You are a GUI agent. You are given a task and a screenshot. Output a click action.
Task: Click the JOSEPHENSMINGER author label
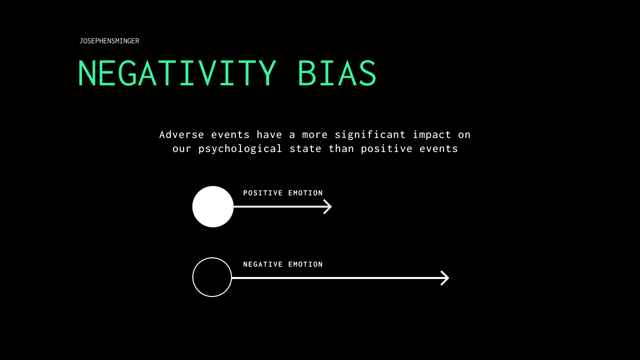[x=109, y=41]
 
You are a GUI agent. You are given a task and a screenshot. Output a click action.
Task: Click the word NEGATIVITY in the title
[x=177, y=73]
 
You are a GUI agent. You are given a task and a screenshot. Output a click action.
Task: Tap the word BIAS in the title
[x=337, y=73]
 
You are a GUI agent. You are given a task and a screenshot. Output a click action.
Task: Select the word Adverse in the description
[x=182, y=135]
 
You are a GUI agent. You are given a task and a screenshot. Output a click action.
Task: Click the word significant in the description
[x=370, y=135]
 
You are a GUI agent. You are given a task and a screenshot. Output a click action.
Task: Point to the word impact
[x=432, y=135]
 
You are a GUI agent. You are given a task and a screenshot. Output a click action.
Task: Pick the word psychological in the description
[x=240, y=149]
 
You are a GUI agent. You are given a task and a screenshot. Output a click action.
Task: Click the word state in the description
[x=305, y=149]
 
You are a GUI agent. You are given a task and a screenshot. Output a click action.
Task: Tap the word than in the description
[x=341, y=149]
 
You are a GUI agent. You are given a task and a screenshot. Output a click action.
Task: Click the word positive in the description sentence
[x=387, y=149]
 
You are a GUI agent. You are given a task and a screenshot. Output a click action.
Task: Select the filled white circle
[x=213, y=207]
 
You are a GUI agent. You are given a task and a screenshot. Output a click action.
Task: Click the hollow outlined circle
[x=212, y=277]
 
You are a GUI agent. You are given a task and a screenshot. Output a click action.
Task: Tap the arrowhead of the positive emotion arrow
[x=328, y=207]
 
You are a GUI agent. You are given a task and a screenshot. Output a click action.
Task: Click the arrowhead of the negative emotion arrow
[x=445, y=278]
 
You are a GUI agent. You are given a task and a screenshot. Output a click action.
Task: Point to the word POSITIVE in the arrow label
[x=263, y=193]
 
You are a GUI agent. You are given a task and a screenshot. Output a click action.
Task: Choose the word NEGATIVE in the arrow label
[x=263, y=264]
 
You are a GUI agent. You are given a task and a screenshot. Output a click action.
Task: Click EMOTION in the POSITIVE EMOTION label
[x=306, y=193]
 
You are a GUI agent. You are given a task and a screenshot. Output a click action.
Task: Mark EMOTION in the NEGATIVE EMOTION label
[x=306, y=264]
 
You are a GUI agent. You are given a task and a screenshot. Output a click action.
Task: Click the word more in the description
[x=315, y=135]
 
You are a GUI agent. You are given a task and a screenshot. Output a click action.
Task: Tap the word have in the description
[x=269, y=135]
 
